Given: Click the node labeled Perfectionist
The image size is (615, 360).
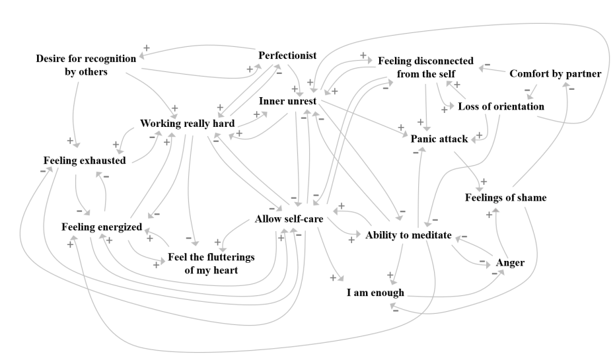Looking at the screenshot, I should (288, 55).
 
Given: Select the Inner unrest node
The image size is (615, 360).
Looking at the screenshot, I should (289, 101).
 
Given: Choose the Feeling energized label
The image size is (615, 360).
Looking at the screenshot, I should (102, 227).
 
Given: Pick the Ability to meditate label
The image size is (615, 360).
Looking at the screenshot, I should (408, 234).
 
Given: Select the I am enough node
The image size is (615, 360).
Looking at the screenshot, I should (376, 291).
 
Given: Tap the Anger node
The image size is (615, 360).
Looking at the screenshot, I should (510, 263).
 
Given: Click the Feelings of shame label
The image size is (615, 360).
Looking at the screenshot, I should (505, 197).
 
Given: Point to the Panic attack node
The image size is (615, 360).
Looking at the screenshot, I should (439, 139).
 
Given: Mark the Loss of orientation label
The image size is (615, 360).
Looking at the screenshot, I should (501, 106).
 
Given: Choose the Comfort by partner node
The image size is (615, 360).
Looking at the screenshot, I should (556, 73).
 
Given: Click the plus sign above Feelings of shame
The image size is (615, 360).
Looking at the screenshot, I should (483, 181).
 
